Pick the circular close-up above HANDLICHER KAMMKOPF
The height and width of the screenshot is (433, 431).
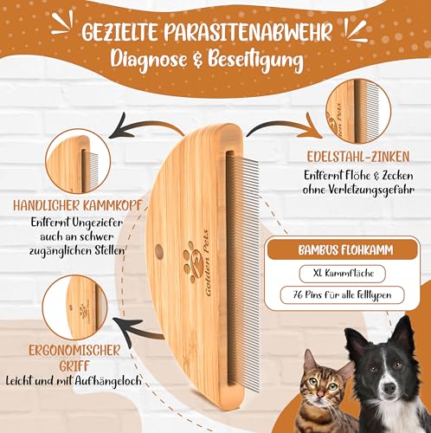pos(79,162)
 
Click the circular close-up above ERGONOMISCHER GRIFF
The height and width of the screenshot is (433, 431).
pos(80,308)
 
